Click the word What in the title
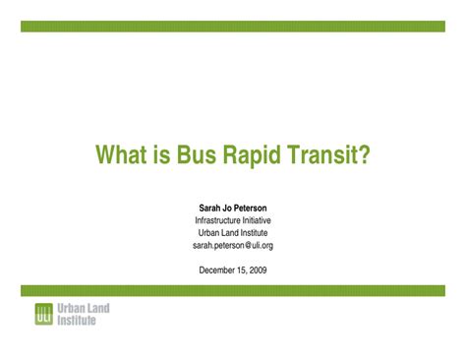(121, 155)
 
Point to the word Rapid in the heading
(258, 155)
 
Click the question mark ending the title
(363, 155)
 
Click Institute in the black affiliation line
(254, 233)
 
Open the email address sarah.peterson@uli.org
(232, 246)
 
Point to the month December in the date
(217, 270)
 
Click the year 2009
(258, 270)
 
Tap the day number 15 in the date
(242, 270)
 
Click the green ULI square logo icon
(43, 315)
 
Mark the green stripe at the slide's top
(232, 26)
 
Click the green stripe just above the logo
(232, 290)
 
